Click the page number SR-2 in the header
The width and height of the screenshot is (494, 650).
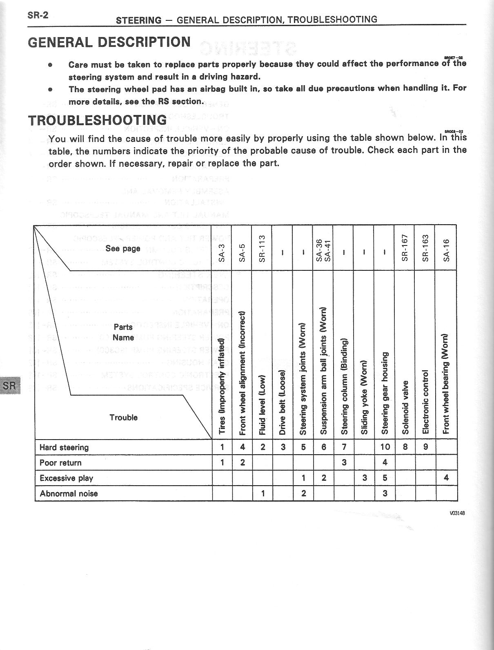click(x=38, y=15)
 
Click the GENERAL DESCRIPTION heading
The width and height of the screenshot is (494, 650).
click(x=109, y=42)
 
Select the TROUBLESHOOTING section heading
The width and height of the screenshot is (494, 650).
click(x=97, y=120)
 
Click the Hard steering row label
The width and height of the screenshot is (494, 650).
click(x=64, y=447)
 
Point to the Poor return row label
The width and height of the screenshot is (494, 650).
click(x=60, y=463)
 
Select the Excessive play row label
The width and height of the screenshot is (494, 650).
click(x=67, y=478)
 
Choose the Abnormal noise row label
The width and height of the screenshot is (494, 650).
click(x=69, y=493)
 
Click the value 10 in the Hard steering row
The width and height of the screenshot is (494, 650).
click(x=385, y=447)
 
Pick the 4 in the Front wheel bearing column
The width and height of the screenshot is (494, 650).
click(x=446, y=478)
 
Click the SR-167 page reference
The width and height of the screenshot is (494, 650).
click(x=405, y=248)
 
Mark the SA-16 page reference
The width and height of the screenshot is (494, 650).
click(x=446, y=250)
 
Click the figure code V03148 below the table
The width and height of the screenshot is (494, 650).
click(x=457, y=513)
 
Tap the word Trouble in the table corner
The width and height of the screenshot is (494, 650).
click(x=123, y=418)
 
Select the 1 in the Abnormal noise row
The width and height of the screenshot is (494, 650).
click(x=263, y=493)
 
